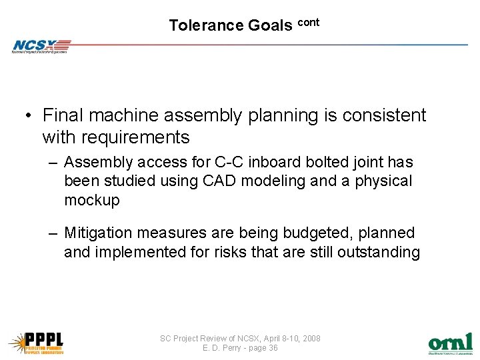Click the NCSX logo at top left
[40, 46]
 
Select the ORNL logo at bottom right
[450, 342]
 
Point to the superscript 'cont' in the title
[308, 22]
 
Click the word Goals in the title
[270, 25]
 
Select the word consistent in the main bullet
[384, 115]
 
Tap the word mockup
[92, 200]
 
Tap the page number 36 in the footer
[271, 348]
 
